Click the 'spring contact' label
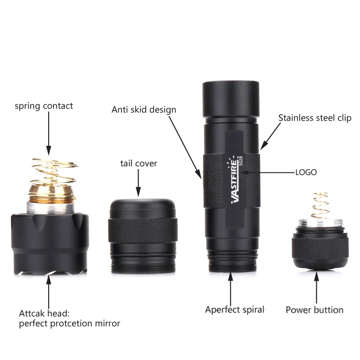(x=44, y=107)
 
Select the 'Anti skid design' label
(x=144, y=109)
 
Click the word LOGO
(x=306, y=172)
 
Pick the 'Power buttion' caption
(x=315, y=310)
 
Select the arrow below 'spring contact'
(x=48, y=135)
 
